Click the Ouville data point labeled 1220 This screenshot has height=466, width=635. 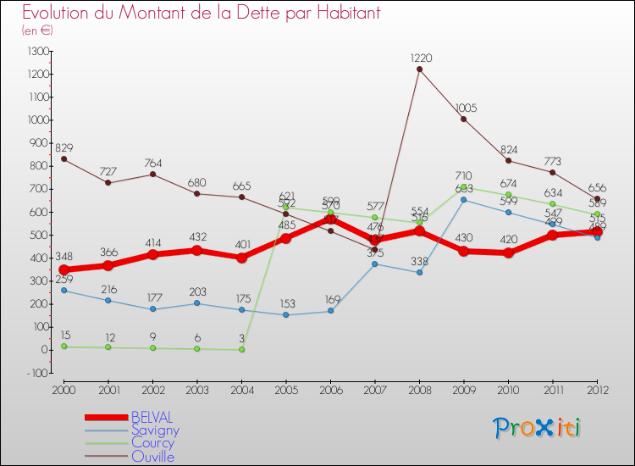point(420,69)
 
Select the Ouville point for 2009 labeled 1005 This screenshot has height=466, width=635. point(464,119)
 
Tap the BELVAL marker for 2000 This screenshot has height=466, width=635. point(63,269)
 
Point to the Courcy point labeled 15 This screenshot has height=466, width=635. point(63,346)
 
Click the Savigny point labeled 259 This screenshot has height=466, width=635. point(63,290)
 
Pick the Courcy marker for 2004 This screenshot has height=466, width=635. point(241,349)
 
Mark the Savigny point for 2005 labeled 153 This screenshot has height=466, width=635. point(286,314)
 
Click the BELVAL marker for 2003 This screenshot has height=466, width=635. point(197,250)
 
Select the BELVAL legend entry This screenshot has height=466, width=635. point(152,418)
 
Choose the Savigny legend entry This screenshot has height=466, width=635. point(155,430)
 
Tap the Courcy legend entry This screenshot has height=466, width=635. point(152,443)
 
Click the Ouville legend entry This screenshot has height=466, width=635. point(152,457)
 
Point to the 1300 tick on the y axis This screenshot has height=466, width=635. point(37,51)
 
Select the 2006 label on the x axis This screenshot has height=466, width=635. point(330,389)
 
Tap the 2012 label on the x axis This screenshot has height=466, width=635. point(597,389)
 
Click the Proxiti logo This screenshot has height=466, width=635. point(537,428)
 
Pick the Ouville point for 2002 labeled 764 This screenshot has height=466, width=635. point(152,174)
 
